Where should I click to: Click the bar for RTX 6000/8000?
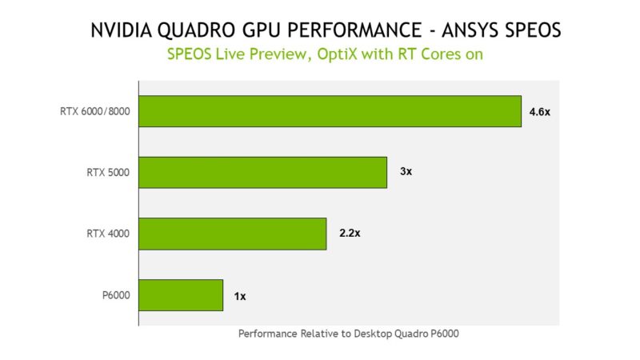click(330, 111)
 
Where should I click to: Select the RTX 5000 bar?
click(263, 172)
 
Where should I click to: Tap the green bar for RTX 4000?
click(233, 234)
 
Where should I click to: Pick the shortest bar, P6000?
click(181, 295)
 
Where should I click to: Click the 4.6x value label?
click(540, 112)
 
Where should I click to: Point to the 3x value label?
click(406, 172)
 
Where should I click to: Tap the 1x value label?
click(240, 296)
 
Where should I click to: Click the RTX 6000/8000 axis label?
click(94, 112)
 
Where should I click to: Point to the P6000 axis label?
click(117, 296)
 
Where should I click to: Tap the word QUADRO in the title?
click(198, 31)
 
